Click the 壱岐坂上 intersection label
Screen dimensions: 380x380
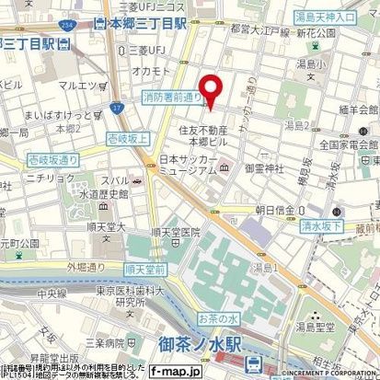(x=128, y=137)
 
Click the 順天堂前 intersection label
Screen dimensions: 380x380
(x=144, y=270)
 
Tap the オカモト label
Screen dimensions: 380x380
(x=148, y=70)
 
